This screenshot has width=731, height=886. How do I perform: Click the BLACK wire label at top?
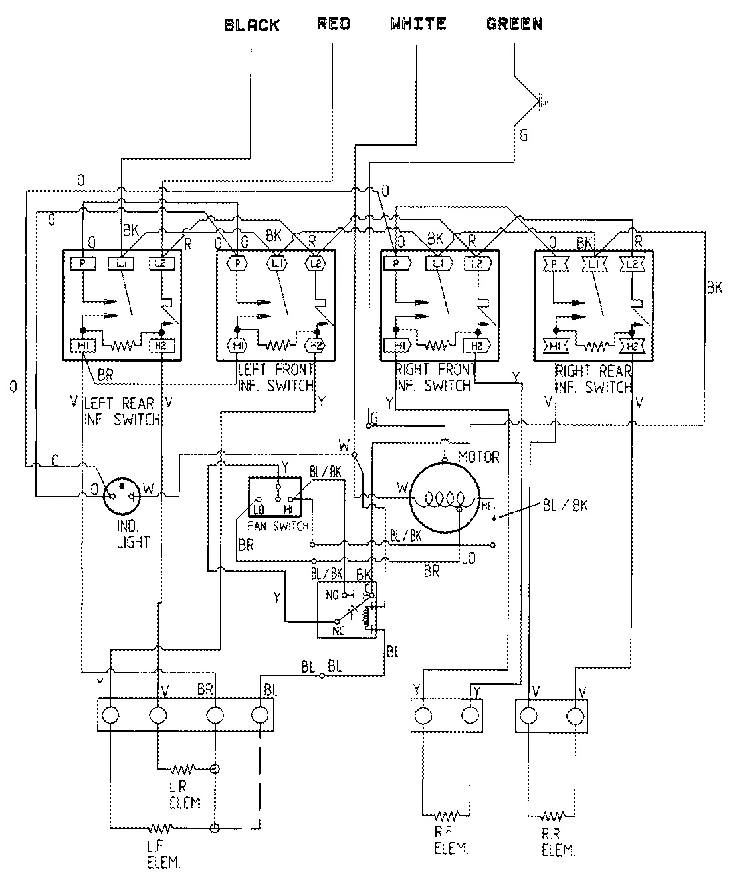tap(252, 26)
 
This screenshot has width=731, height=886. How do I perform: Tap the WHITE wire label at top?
tap(418, 25)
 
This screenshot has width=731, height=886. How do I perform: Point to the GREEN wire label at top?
tap(514, 25)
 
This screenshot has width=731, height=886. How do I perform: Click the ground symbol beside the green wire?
tap(544, 102)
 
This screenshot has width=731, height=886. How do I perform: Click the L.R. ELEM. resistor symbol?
tap(182, 770)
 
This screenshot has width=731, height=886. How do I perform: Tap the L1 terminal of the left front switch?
tap(276, 263)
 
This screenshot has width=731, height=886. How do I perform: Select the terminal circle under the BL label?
tap(261, 715)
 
